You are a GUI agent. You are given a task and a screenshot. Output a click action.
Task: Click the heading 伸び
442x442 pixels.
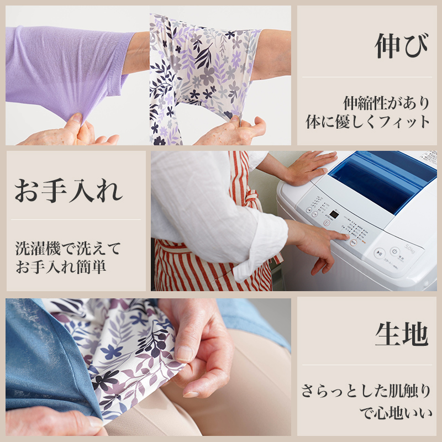tap(402, 46)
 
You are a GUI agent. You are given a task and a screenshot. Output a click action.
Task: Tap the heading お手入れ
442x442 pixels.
tap(69, 191)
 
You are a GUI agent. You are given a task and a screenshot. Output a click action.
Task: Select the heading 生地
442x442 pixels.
tap(402, 334)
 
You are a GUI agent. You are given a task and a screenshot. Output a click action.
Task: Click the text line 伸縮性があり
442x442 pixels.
tap(386, 103)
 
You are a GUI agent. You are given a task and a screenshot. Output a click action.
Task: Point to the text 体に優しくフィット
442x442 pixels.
tap(367, 122)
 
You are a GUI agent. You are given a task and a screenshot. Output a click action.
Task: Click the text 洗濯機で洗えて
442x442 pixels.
tap(68, 248)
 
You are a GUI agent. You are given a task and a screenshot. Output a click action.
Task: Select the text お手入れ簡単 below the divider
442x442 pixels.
tap(61, 267)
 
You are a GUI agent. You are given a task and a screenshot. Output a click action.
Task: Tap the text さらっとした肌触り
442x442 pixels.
tap(366, 391)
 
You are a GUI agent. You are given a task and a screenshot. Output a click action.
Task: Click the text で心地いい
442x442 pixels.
tap(396, 413)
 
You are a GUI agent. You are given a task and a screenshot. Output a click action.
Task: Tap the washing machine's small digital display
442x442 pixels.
tap(334, 215)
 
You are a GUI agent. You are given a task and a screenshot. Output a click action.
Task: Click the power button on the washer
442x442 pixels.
tap(394, 251)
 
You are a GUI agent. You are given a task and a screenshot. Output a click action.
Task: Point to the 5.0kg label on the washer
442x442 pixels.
tap(410, 249)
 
